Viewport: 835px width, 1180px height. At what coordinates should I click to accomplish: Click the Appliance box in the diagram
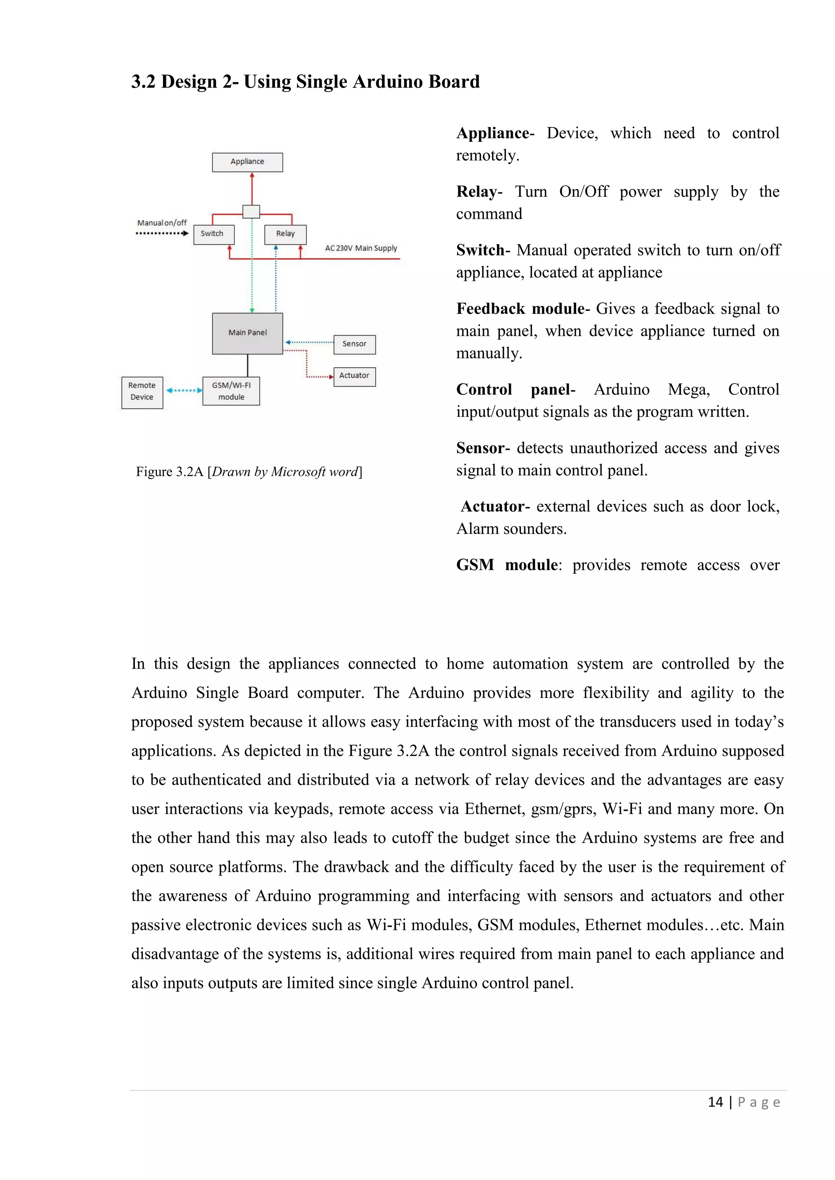(247, 162)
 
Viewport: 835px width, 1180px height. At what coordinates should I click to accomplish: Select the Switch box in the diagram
(213, 234)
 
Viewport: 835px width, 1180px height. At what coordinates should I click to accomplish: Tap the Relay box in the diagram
(285, 234)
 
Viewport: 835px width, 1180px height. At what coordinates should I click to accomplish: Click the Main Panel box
(247, 333)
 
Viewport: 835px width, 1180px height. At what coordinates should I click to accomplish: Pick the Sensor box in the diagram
(354, 344)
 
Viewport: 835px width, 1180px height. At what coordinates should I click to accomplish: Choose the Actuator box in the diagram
(354, 376)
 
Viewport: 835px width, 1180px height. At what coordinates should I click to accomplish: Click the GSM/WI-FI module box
(231, 391)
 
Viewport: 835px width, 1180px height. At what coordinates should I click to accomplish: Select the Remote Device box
(142, 392)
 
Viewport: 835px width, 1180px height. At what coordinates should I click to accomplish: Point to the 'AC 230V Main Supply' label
(361, 248)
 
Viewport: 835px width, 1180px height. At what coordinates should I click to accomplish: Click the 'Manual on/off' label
(161, 222)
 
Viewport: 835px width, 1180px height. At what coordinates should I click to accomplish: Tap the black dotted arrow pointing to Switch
(162, 233)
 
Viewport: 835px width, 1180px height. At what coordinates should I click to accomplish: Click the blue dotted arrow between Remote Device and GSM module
(183, 391)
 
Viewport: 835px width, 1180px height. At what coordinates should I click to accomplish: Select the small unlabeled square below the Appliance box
(251, 211)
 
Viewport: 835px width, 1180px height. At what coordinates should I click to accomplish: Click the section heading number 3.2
(143, 82)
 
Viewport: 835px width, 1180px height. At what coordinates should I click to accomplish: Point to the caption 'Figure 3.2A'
(170, 472)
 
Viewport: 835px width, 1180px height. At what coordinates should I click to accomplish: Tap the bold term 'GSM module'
(507, 565)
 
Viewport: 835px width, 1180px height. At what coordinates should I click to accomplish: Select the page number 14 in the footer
(715, 1103)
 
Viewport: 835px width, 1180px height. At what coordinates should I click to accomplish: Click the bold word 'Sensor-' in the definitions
(482, 448)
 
